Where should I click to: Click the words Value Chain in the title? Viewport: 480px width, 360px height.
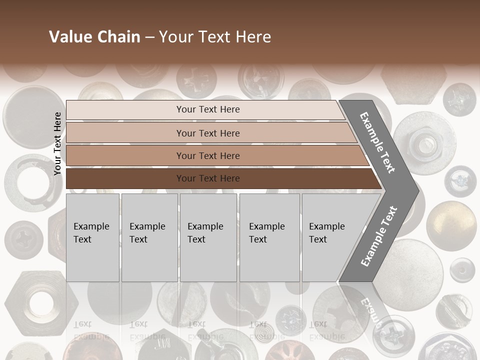point(94,37)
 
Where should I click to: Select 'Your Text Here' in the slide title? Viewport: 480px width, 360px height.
point(215,37)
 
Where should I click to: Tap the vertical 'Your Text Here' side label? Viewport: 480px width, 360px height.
point(57,144)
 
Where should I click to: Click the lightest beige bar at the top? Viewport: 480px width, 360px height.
point(207,109)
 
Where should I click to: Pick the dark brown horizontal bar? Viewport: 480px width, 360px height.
point(207,178)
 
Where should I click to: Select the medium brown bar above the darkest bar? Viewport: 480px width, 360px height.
point(207,156)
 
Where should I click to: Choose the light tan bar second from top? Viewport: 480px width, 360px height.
point(207,133)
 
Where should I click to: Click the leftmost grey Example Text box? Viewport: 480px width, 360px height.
point(92,237)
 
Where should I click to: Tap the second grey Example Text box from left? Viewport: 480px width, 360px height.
point(149,237)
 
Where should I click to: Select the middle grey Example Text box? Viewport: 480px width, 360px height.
point(208,237)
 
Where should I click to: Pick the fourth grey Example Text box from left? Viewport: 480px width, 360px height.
point(269,237)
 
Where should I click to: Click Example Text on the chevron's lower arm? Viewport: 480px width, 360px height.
point(378,236)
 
